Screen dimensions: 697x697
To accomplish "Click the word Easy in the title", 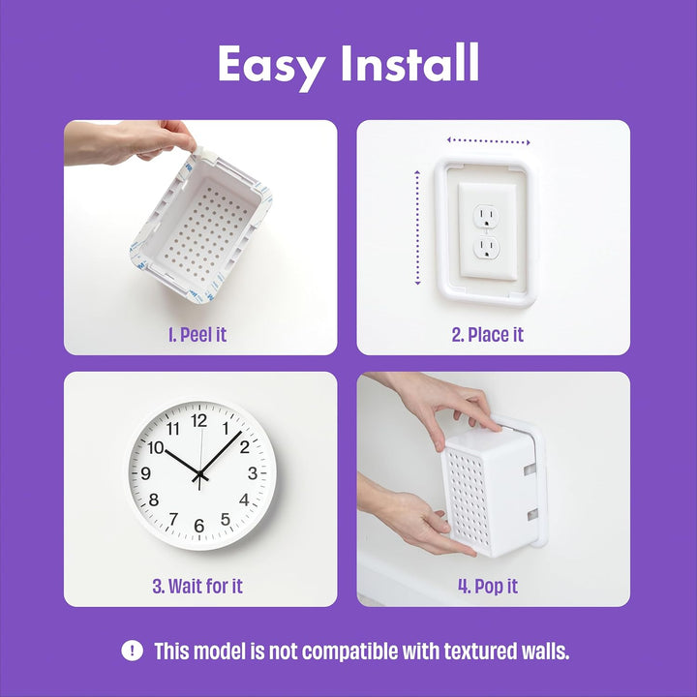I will (272, 65).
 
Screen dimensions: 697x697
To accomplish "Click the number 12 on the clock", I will (199, 421).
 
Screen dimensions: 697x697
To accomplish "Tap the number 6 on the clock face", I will (199, 526).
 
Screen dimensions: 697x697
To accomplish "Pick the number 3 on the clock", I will (253, 473).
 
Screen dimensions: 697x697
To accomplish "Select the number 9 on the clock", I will (146, 473).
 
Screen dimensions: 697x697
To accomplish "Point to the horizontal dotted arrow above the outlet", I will (489, 141).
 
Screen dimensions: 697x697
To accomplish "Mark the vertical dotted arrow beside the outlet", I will (418, 228).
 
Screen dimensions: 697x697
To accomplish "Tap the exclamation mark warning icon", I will (133, 651).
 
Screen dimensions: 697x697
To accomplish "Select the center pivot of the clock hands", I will (199, 474).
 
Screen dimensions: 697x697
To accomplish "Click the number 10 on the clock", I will (155, 447).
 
